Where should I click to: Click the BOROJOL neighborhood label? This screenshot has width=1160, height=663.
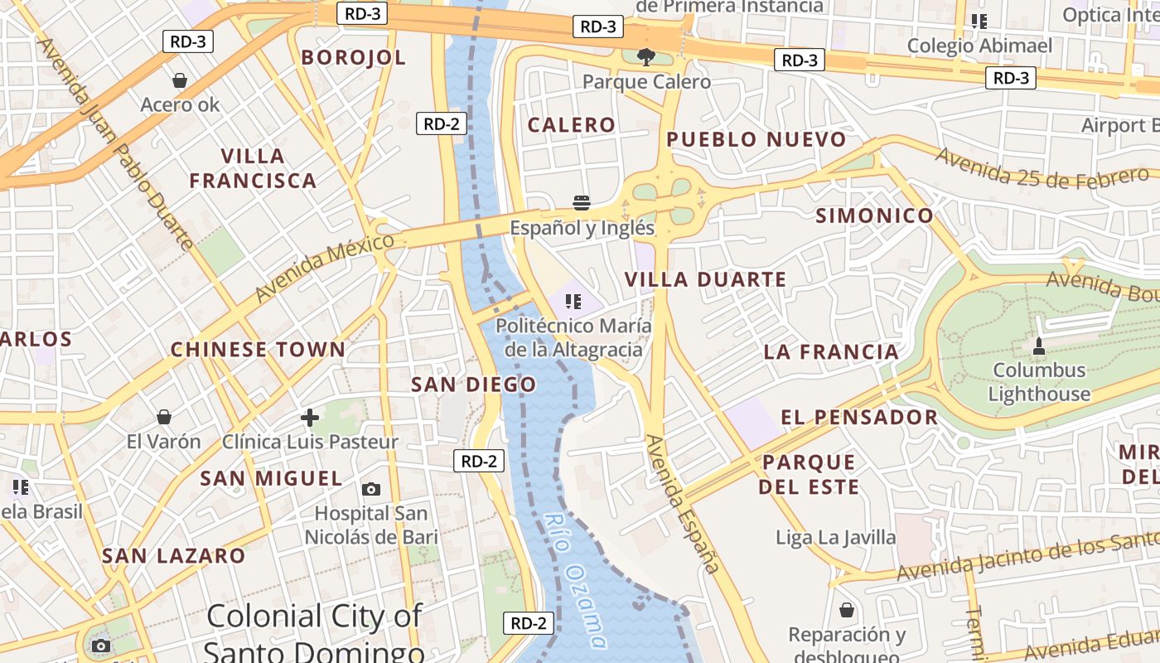point(354,57)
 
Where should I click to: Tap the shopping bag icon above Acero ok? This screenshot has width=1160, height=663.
point(180,80)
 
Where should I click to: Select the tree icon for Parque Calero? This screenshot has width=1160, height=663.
point(646,56)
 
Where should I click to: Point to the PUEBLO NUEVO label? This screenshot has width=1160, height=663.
point(756,139)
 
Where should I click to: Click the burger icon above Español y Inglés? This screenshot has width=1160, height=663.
point(582,203)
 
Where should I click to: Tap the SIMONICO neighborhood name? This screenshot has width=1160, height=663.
point(875,216)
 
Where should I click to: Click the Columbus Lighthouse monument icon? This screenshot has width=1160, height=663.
point(1039,345)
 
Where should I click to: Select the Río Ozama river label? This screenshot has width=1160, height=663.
point(577,581)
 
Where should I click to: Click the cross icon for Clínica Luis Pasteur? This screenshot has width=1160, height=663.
point(310,417)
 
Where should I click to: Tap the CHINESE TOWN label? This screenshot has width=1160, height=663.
point(258,350)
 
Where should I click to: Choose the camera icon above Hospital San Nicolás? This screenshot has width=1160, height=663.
point(371,489)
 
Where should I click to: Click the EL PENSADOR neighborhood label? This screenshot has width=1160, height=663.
point(859,417)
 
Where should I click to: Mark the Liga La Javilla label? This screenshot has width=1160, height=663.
point(836,538)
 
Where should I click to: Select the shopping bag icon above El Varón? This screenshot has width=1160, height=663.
point(164,416)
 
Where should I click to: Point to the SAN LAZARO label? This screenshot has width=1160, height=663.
point(174,556)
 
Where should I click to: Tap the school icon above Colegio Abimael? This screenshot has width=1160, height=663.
point(979,22)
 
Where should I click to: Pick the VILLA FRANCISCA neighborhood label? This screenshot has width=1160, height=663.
point(253,168)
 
